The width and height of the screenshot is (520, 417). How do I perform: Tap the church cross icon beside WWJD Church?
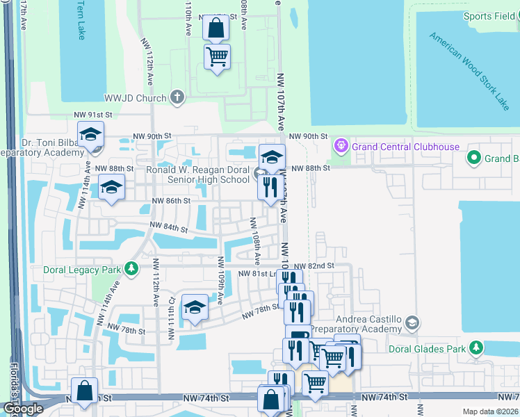[x=177, y=97]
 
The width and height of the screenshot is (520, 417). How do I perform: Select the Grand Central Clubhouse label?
[x=406, y=147]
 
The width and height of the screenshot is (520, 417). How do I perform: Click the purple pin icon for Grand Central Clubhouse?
[x=341, y=147]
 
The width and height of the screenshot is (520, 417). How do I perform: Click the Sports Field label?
[x=489, y=17]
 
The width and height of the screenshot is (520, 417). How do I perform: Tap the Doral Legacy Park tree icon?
[x=131, y=268]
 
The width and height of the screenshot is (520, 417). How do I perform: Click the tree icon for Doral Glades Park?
[x=476, y=346]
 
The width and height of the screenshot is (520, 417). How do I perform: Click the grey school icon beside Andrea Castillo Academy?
[x=413, y=322]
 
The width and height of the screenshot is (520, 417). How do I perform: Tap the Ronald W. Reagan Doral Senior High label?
[x=197, y=174]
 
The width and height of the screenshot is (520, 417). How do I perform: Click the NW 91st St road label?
[x=92, y=115]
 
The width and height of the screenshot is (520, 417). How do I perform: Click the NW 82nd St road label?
[x=314, y=266]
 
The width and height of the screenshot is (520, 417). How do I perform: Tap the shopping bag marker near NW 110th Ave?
[x=216, y=29]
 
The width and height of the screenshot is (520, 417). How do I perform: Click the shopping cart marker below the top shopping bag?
[x=218, y=57]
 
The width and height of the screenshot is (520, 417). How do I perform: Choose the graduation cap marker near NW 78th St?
[x=195, y=308]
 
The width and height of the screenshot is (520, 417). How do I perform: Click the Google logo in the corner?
[x=22, y=409]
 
